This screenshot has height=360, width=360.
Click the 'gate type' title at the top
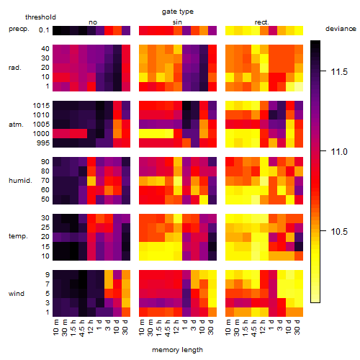(x=178, y=12)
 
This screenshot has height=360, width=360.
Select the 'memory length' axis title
(x=177, y=350)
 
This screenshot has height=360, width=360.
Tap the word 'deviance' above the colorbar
(x=341, y=29)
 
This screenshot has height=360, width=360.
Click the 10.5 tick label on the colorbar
(x=339, y=232)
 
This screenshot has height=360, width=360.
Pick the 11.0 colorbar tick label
(x=339, y=152)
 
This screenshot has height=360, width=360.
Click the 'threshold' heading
(x=40, y=17)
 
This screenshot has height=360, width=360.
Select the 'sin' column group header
(x=177, y=22)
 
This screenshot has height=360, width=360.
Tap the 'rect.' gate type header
(x=262, y=22)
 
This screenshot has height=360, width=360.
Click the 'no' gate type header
(x=93, y=22)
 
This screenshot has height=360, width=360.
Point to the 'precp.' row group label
(x=19, y=29)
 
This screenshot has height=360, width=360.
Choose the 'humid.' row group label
(x=20, y=181)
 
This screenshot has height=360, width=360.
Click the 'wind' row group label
(x=17, y=294)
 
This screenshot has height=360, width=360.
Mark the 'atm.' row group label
(x=16, y=125)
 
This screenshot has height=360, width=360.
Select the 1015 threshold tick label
(x=41, y=106)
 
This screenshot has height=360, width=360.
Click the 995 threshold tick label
(x=43, y=143)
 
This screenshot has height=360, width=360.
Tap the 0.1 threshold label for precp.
(x=44, y=30)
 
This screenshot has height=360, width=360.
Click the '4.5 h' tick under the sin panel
(x=168, y=328)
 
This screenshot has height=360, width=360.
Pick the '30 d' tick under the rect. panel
(x=297, y=327)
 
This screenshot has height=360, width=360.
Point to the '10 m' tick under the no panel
(x=55, y=327)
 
